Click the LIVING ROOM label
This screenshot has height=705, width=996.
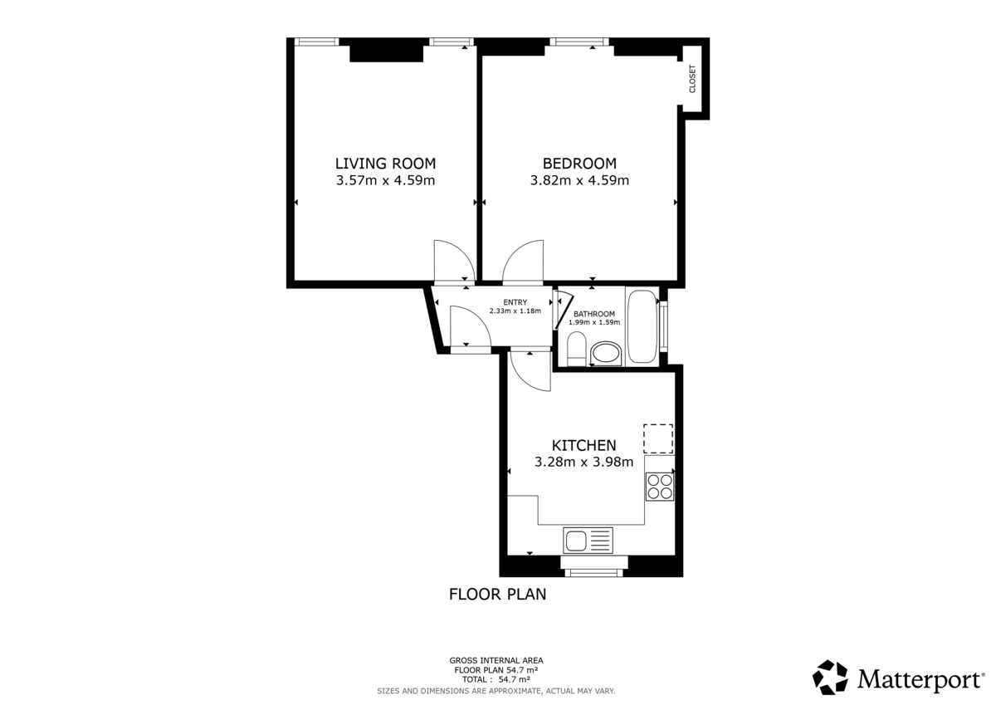pos(385,164)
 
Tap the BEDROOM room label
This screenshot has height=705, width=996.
pos(579,164)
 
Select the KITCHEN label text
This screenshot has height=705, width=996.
pos(583,445)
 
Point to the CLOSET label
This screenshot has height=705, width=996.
pos(692,79)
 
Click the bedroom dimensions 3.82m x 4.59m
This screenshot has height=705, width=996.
pos(579,180)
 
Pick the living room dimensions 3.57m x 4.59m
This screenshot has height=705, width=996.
pos(385,180)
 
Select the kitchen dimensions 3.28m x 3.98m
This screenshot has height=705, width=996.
pos(583,463)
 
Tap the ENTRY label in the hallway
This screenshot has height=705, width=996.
pos(515,302)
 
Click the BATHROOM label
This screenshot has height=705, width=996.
pos(594,314)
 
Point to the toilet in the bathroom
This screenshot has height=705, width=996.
pos(576,349)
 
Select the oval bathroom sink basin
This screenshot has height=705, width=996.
pos(605,355)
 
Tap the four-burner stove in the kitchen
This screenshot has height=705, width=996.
pos(660,485)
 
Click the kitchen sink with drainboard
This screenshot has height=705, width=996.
pos(588,541)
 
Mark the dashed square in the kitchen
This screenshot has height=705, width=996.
pos(658,438)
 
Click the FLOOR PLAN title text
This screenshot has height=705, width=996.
pos(497,595)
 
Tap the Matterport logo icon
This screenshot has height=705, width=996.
pos(830,678)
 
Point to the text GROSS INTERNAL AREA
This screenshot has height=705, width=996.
pos(496,661)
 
